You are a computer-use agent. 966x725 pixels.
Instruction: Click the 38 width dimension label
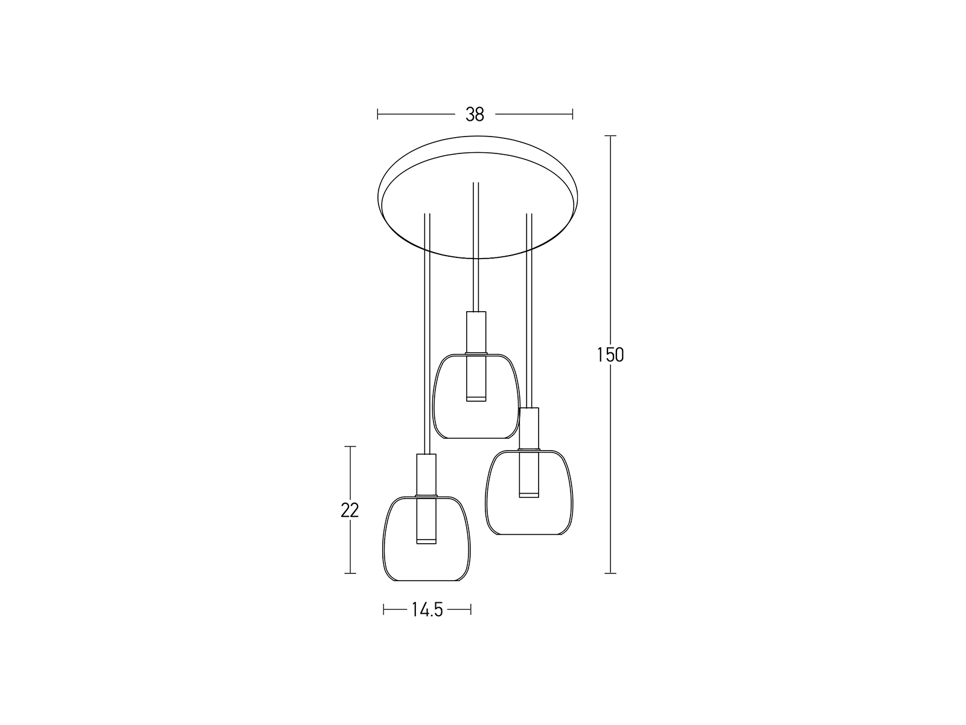475,114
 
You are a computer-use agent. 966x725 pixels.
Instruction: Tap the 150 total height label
610,355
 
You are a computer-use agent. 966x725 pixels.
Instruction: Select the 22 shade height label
350,510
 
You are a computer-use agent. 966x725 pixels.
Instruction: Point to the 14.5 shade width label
427,610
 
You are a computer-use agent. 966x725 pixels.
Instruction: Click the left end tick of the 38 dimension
377,114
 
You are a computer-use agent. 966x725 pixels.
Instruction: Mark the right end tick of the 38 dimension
572,114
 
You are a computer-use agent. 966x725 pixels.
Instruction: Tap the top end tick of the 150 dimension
610,135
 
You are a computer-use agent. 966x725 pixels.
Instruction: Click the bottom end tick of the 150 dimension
610,573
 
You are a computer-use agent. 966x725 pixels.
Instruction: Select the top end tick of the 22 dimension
350,446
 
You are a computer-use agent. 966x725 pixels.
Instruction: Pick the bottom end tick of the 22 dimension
350,573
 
